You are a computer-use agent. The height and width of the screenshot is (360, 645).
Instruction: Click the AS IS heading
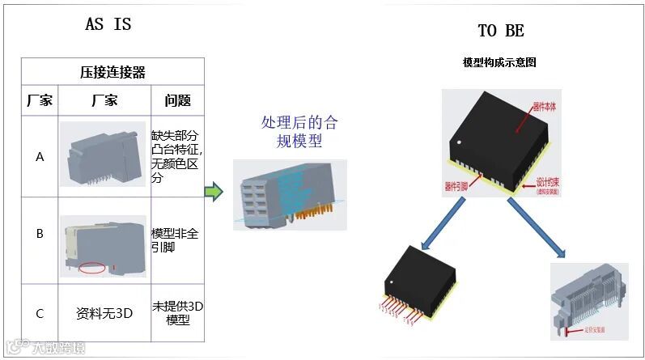(x=108, y=24)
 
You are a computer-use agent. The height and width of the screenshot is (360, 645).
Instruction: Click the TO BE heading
(x=500, y=31)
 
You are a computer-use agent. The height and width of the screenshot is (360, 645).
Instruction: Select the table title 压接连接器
(x=112, y=72)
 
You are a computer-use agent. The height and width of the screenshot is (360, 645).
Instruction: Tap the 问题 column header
(x=177, y=101)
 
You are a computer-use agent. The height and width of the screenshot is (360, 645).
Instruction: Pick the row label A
(x=40, y=157)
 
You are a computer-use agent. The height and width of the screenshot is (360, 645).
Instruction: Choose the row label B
(x=40, y=234)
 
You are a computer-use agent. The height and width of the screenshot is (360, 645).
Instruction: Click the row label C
(x=40, y=312)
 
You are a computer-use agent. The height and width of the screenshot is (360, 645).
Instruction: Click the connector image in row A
(x=104, y=154)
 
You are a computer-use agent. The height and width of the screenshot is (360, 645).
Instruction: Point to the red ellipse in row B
(x=93, y=268)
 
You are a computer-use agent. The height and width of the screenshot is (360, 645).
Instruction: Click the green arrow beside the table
(x=212, y=192)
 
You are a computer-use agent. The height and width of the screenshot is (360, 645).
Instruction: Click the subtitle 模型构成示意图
(x=499, y=62)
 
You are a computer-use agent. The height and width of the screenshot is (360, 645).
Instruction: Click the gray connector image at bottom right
(x=588, y=297)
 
